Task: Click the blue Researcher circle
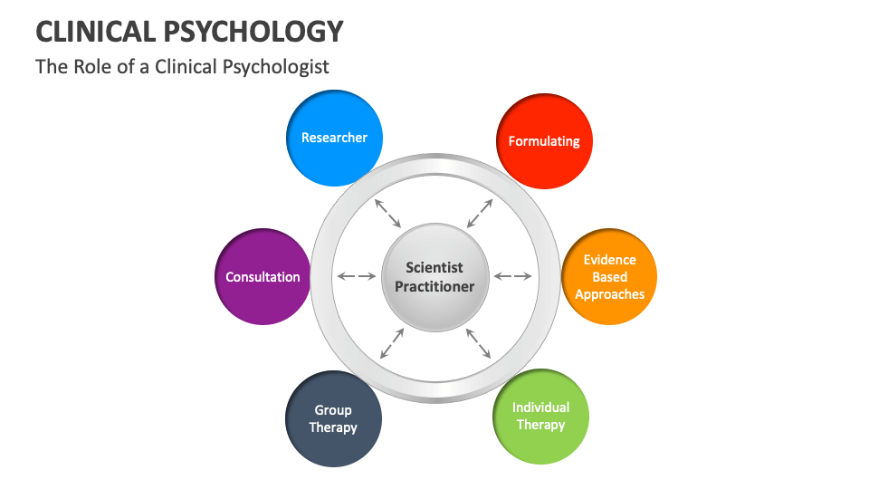[x=334, y=139]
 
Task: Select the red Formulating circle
[x=544, y=141]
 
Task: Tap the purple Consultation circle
[x=263, y=277]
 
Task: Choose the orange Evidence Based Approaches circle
[x=609, y=277]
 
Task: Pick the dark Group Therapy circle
[x=333, y=419]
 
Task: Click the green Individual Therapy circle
[x=540, y=417]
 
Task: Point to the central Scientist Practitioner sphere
[x=434, y=277]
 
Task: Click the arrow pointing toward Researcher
[x=387, y=213]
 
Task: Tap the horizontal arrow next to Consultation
[x=356, y=276]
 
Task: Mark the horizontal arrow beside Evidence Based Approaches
[x=512, y=276]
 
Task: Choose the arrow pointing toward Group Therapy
[x=391, y=342]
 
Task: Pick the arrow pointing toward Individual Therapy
[x=479, y=342]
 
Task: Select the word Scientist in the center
[x=434, y=267]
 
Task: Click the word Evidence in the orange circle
[x=609, y=260]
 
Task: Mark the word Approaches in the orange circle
[x=609, y=294]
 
